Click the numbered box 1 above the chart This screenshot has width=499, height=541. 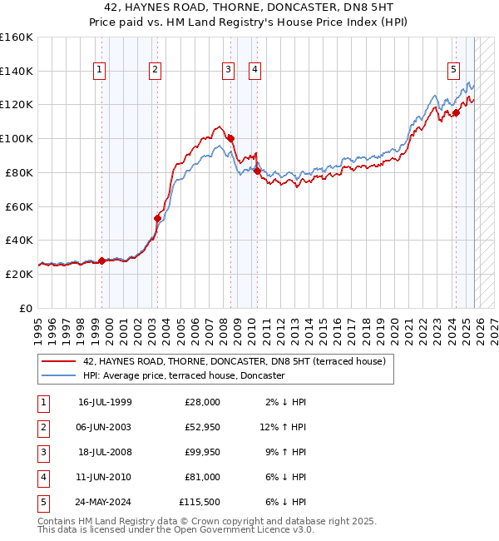99,71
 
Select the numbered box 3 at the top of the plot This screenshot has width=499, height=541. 227,71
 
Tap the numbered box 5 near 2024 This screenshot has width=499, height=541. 453,71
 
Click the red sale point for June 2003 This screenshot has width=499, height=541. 157,218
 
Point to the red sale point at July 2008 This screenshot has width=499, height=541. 230,138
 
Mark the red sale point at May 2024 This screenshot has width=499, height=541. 456,113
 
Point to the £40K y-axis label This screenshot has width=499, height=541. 18,240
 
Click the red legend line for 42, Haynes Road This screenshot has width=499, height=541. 58,362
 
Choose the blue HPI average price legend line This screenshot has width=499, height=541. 58,376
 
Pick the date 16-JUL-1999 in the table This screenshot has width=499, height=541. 105,402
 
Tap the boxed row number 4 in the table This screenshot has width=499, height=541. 43,477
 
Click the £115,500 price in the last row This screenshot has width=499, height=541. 199,502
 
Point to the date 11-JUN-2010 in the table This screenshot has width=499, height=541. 105,477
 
